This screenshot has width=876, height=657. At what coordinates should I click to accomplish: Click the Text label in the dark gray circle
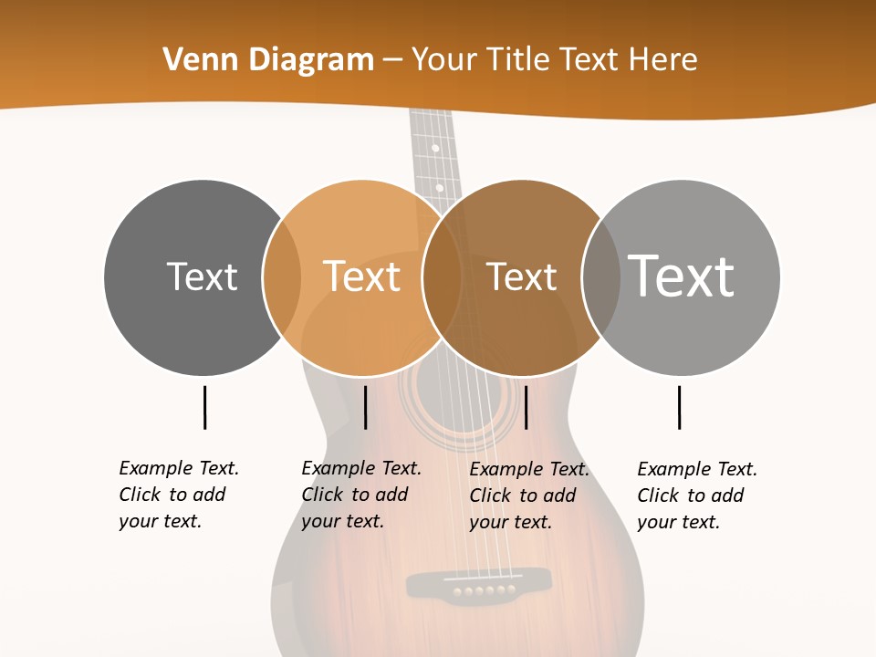[x=202, y=276]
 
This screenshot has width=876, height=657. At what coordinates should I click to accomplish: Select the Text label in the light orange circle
[x=361, y=276]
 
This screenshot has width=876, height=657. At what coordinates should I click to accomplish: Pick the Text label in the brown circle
[x=521, y=276]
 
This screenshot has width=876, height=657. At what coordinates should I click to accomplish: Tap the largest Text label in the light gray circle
[x=681, y=275]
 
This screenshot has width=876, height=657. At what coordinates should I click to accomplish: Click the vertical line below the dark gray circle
[x=204, y=407]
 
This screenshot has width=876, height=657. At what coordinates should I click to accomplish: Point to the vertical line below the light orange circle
[x=365, y=407]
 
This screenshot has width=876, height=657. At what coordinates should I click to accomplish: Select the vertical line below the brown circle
[x=526, y=407]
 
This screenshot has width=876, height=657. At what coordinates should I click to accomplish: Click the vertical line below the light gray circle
[x=679, y=407]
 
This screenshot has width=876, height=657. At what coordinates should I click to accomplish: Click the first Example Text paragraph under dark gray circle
[x=178, y=495]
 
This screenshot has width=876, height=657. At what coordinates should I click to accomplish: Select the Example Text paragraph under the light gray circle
[x=696, y=495]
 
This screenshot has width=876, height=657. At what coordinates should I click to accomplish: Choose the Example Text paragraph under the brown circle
[x=528, y=495]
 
